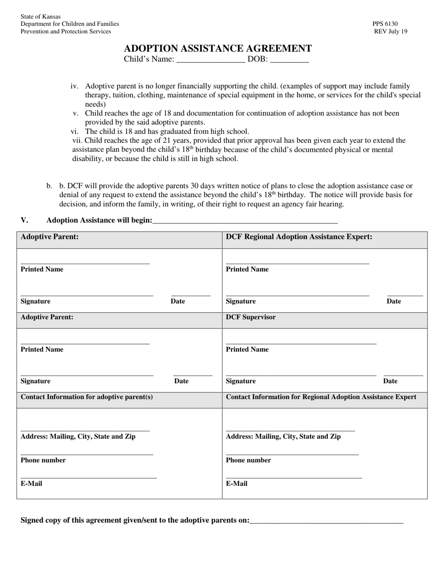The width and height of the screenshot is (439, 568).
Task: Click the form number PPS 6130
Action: pyautogui.click(x=385, y=24)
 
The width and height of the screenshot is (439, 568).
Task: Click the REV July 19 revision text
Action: pyautogui.click(x=391, y=31)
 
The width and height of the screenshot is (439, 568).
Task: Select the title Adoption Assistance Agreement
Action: pyautogui.click(x=218, y=48)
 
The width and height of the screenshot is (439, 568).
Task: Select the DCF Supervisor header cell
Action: pyautogui.click(x=251, y=317)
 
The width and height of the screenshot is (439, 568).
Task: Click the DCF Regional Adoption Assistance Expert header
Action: pyautogui.click(x=299, y=237)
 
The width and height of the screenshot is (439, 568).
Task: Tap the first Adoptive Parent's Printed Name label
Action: pyautogui.click(x=42, y=269)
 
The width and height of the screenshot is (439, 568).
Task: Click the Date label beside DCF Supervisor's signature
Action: pyautogui.click(x=390, y=381)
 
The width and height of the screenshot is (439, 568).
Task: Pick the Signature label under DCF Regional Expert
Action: pyautogui.click(x=241, y=302)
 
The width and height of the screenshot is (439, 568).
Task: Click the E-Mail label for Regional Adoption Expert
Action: pyautogui.click(x=237, y=484)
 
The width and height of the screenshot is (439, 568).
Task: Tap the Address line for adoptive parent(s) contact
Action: pyautogui.click(x=85, y=430)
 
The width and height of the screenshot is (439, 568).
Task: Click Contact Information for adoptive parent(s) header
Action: pyautogui.click(x=87, y=397)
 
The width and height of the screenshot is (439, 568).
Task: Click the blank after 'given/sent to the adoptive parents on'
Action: pyautogui.click(x=326, y=521)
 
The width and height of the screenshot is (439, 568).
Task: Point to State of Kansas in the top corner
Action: pyautogui.click(x=41, y=17)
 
